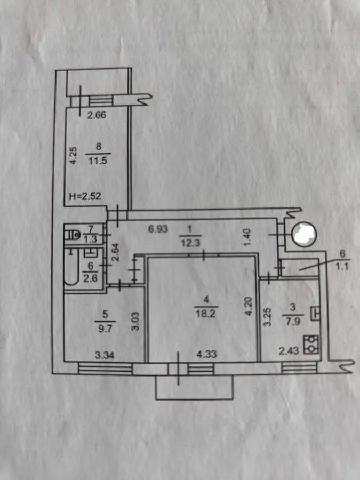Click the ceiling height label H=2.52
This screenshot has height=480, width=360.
(x=85, y=196)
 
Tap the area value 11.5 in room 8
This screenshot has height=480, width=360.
(x=98, y=161)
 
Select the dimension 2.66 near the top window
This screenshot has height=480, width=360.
(x=97, y=115)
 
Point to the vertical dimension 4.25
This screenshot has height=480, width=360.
(x=74, y=156)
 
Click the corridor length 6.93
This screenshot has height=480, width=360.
(x=158, y=229)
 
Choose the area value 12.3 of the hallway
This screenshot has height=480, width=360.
(x=190, y=243)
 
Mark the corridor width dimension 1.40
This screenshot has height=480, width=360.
(x=247, y=237)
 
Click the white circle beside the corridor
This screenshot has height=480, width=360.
(x=304, y=234)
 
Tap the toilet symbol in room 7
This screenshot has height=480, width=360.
(x=73, y=235)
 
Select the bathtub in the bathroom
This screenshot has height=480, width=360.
(x=71, y=267)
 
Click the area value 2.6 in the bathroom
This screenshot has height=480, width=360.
(x=90, y=278)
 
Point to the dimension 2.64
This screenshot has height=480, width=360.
(x=115, y=252)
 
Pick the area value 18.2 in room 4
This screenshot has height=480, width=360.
(x=206, y=314)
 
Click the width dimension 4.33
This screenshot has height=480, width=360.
(x=206, y=354)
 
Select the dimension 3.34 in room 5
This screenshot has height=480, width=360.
(x=105, y=355)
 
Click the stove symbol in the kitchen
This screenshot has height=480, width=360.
(x=311, y=345)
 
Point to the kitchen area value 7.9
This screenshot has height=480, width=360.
(x=293, y=322)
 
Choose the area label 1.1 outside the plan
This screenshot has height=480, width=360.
(x=342, y=267)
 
